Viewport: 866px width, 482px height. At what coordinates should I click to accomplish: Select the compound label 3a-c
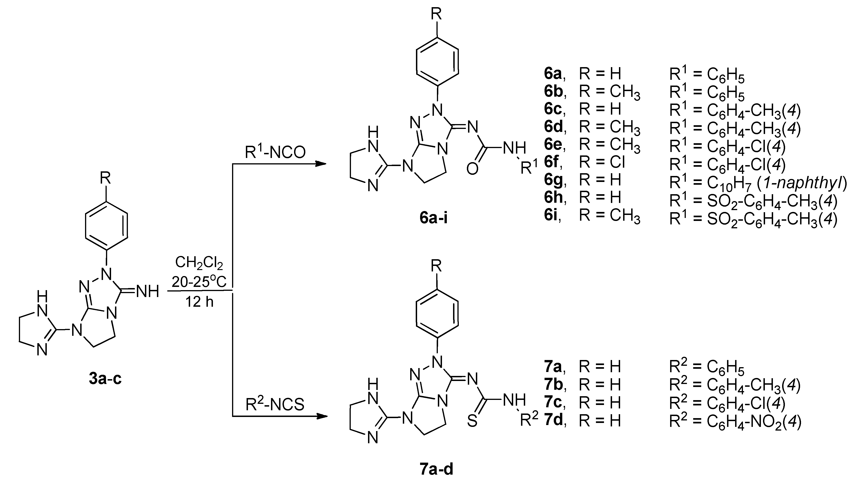coord(105,378)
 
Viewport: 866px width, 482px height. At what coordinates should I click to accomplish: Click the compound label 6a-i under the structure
coord(434,218)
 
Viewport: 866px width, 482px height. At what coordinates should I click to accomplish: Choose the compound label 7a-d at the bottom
coord(436,469)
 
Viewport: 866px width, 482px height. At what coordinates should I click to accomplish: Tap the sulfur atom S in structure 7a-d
coord(472,421)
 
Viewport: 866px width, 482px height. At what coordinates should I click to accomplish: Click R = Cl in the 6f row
coord(602,162)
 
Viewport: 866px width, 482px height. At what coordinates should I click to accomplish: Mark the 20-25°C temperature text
coord(199,282)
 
